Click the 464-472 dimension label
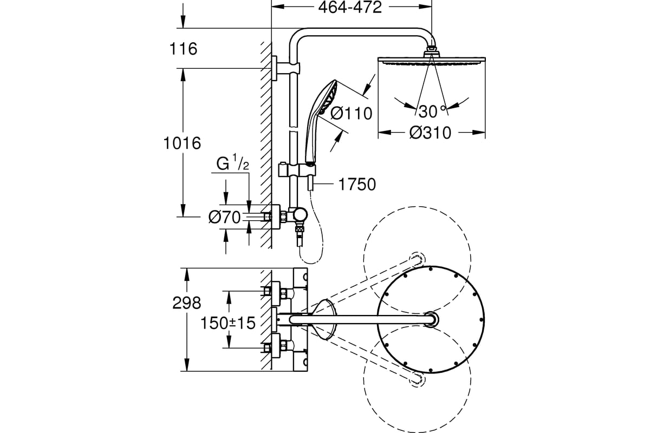[x=350, y=8]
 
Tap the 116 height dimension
[x=184, y=49]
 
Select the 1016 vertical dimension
[x=182, y=143]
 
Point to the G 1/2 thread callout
[x=233, y=164]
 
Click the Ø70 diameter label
[x=225, y=217]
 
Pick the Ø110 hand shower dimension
[x=351, y=113]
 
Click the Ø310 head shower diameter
[x=430, y=133]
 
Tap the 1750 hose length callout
[x=357, y=185]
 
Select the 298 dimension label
[x=186, y=303]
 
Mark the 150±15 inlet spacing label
[x=228, y=323]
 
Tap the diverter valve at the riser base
[x=298, y=215]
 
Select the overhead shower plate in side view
[x=432, y=60]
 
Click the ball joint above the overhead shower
[x=432, y=49]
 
